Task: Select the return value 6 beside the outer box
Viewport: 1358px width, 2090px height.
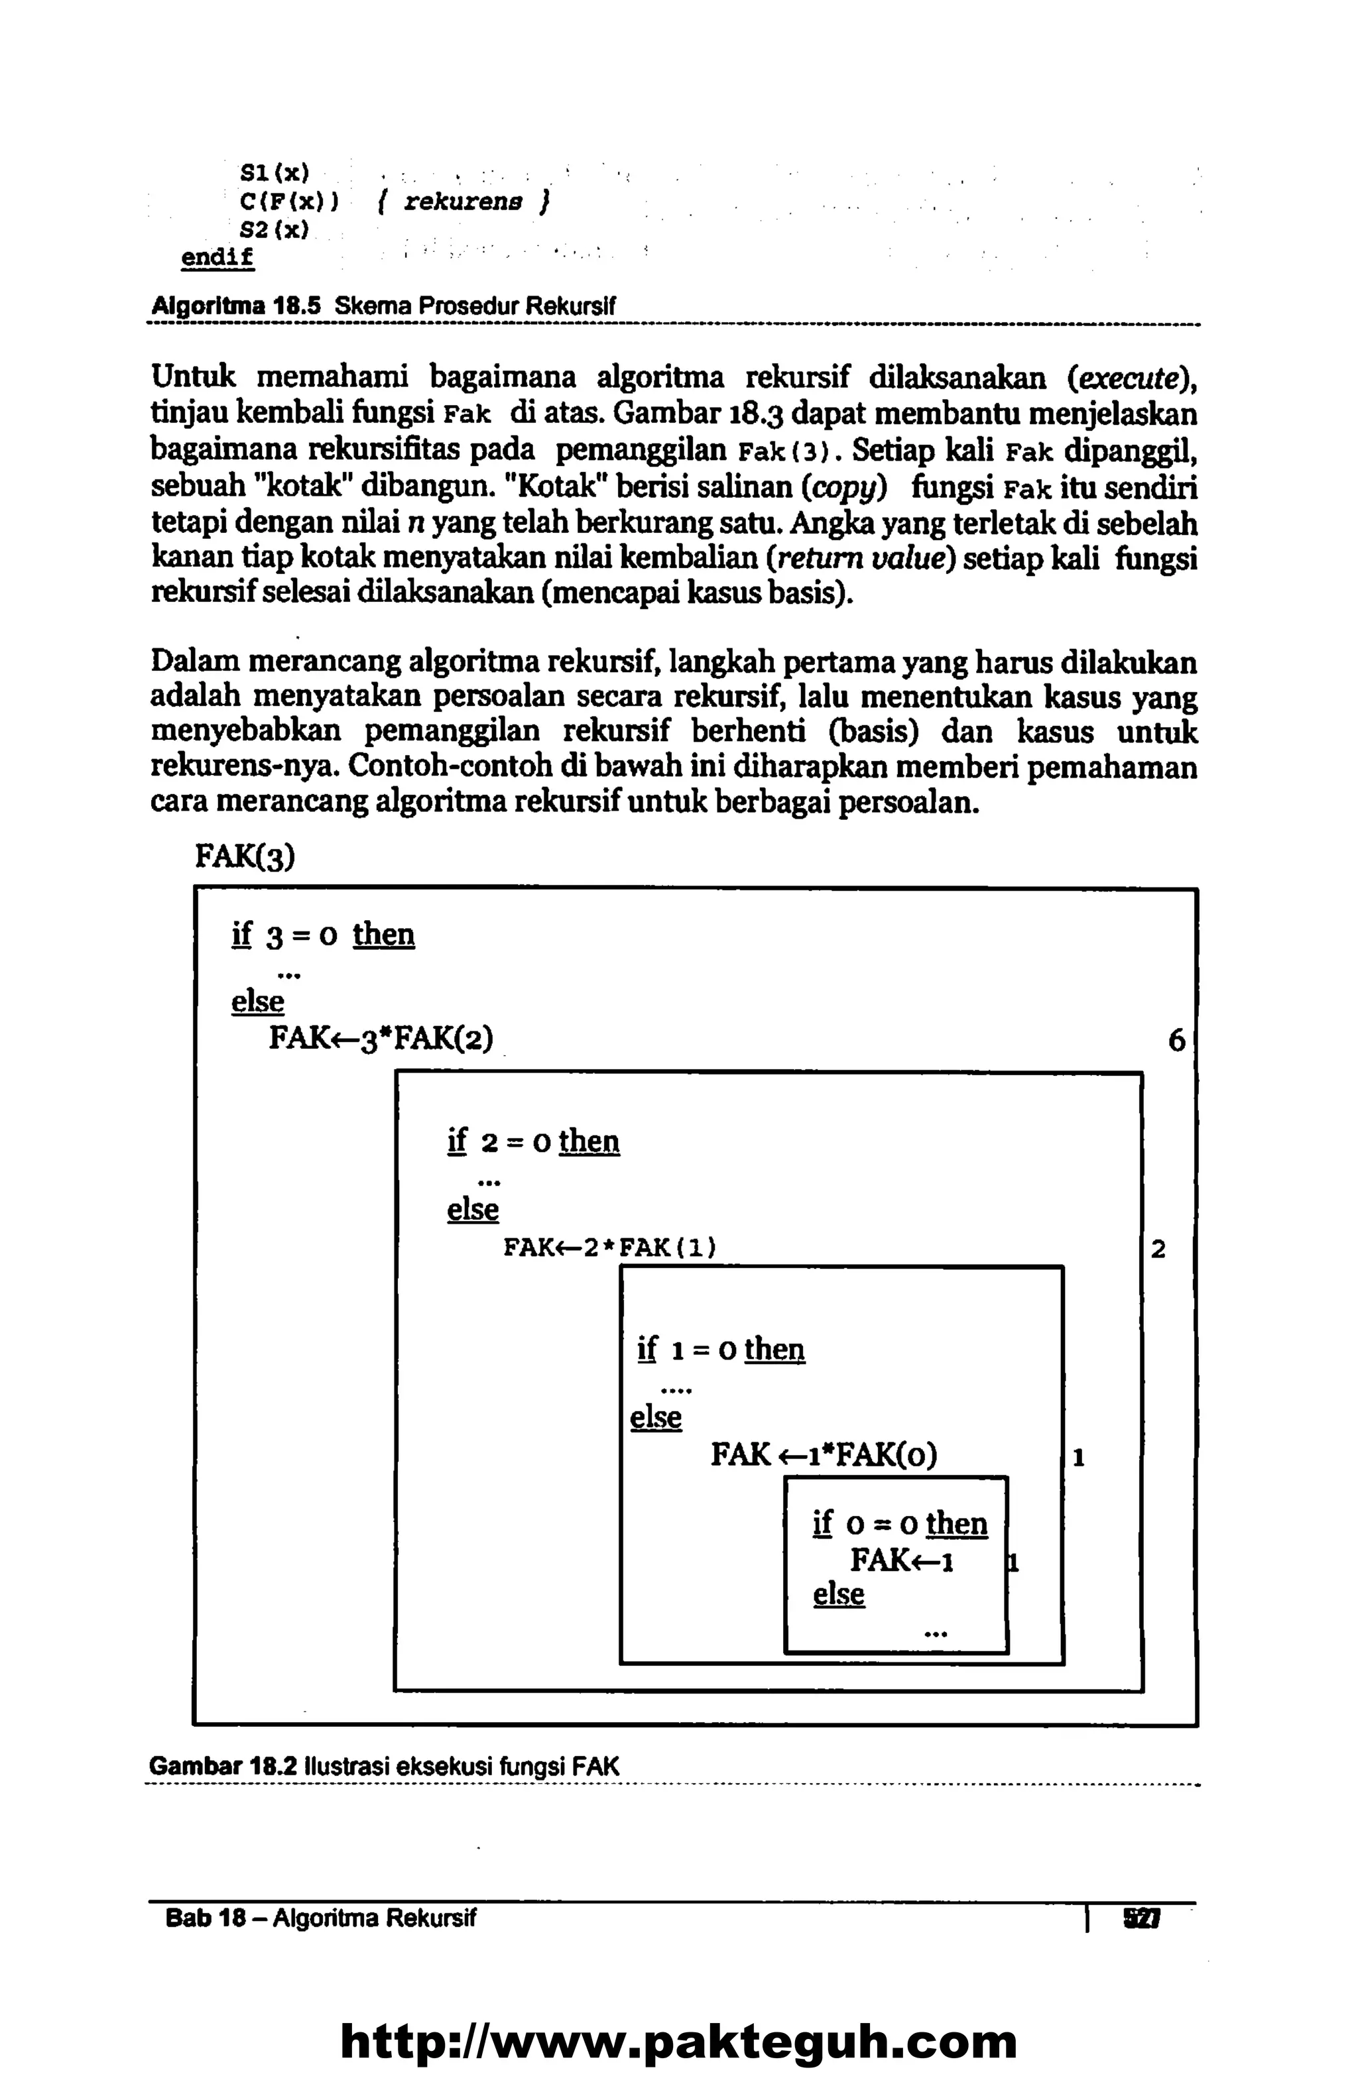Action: (x=1176, y=1041)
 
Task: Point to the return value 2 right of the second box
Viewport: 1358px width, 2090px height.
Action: (x=1158, y=1249)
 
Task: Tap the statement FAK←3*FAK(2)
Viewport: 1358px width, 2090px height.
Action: (x=381, y=1039)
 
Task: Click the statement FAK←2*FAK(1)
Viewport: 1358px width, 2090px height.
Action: (x=609, y=1247)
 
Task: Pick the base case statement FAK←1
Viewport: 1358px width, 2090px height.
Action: (x=901, y=1560)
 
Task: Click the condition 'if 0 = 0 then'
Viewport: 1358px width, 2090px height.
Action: (x=900, y=1524)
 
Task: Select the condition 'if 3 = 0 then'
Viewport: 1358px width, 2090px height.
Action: (x=322, y=935)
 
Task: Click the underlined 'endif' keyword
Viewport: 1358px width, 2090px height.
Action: (x=217, y=258)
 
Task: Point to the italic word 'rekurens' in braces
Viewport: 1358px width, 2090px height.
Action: (x=463, y=203)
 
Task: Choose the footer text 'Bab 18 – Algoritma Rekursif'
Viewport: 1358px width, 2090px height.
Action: (x=321, y=1919)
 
